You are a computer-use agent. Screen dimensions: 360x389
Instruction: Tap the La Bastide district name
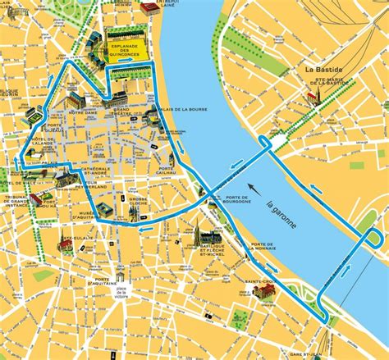(x=322, y=70)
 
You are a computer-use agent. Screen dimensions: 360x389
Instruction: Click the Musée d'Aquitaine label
(x=88, y=215)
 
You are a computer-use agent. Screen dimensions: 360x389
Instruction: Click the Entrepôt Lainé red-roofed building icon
(x=149, y=8)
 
